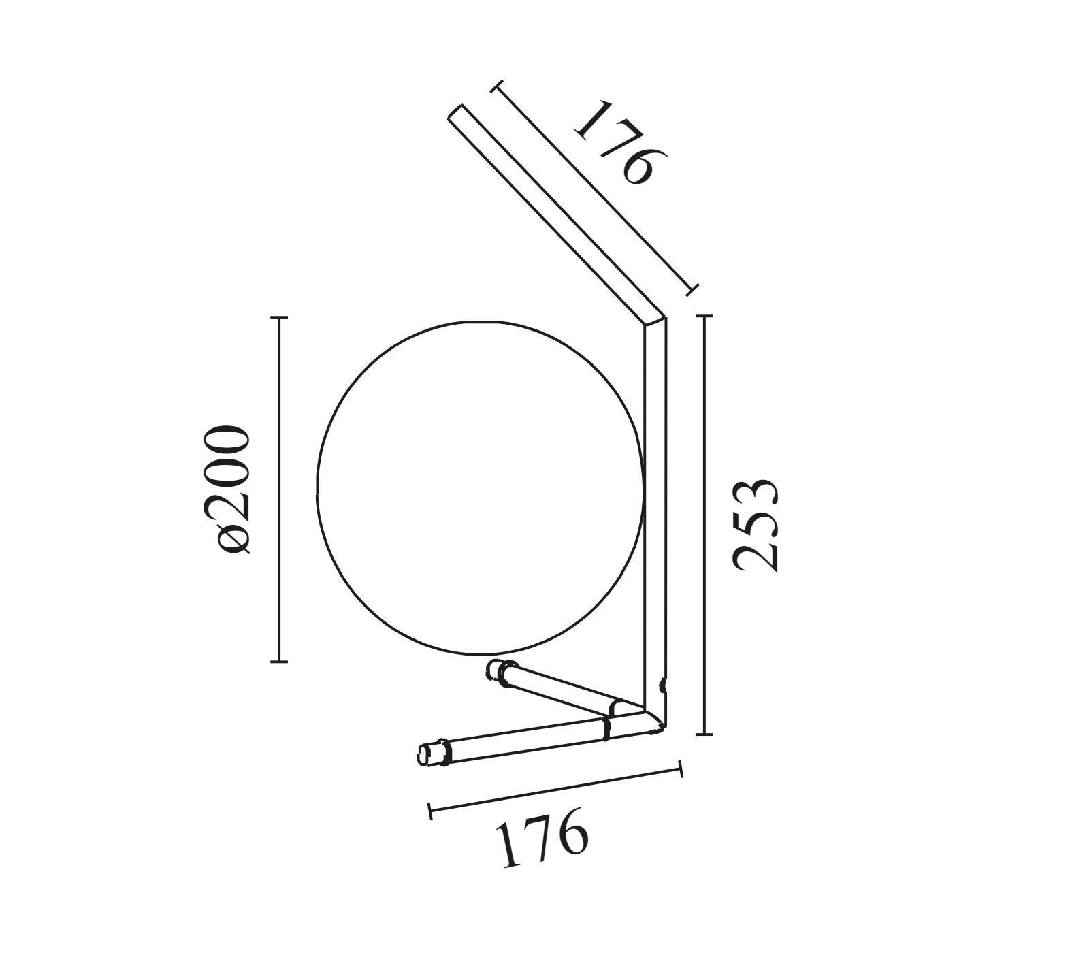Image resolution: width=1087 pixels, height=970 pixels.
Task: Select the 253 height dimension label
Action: pos(756,525)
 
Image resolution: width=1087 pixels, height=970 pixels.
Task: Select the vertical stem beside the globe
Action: pos(655,511)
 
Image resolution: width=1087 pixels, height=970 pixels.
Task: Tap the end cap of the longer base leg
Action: pos(428,754)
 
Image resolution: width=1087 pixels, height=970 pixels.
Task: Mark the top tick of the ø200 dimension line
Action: pos(279,317)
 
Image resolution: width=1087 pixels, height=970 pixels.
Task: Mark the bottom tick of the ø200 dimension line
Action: pos(279,661)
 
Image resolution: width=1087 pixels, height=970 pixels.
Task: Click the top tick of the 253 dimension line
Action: pos(704,317)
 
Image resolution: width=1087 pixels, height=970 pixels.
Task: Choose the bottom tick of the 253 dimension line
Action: pos(704,734)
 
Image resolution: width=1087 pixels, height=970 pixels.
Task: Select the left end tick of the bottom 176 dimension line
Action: pos(430,810)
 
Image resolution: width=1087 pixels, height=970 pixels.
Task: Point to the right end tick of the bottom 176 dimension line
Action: pos(681,770)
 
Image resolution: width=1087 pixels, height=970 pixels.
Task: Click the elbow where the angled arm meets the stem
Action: pos(653,320)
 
